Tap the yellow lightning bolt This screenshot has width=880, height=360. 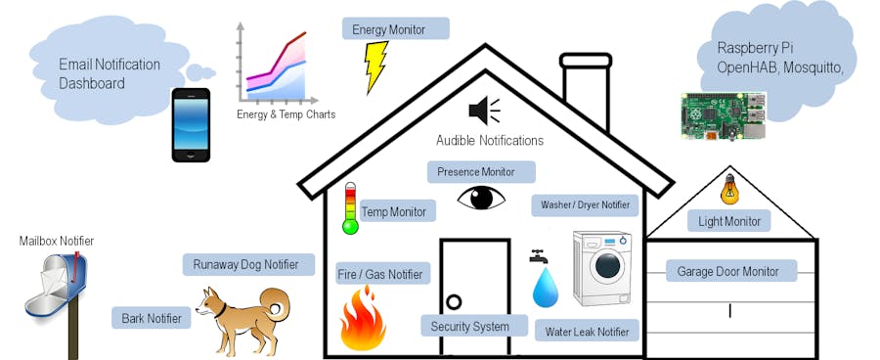(x=375, y=67)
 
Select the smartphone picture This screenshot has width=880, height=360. (x=191, y=124)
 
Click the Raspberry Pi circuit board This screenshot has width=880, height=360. (x=724, y=115)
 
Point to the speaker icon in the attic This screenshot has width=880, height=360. (x=483, y=110)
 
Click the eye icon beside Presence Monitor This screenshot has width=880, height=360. (x=481, y=198)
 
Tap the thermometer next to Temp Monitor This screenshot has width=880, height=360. (x=350, y=207)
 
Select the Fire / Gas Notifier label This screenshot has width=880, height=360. (x=379, y=274)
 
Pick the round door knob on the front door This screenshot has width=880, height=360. (x=454, y=301)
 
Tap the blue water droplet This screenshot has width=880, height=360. (x=544, y=287)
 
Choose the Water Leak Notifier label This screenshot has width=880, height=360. (x=587, y=331)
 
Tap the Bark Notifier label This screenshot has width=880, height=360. (x=152, y=317)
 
